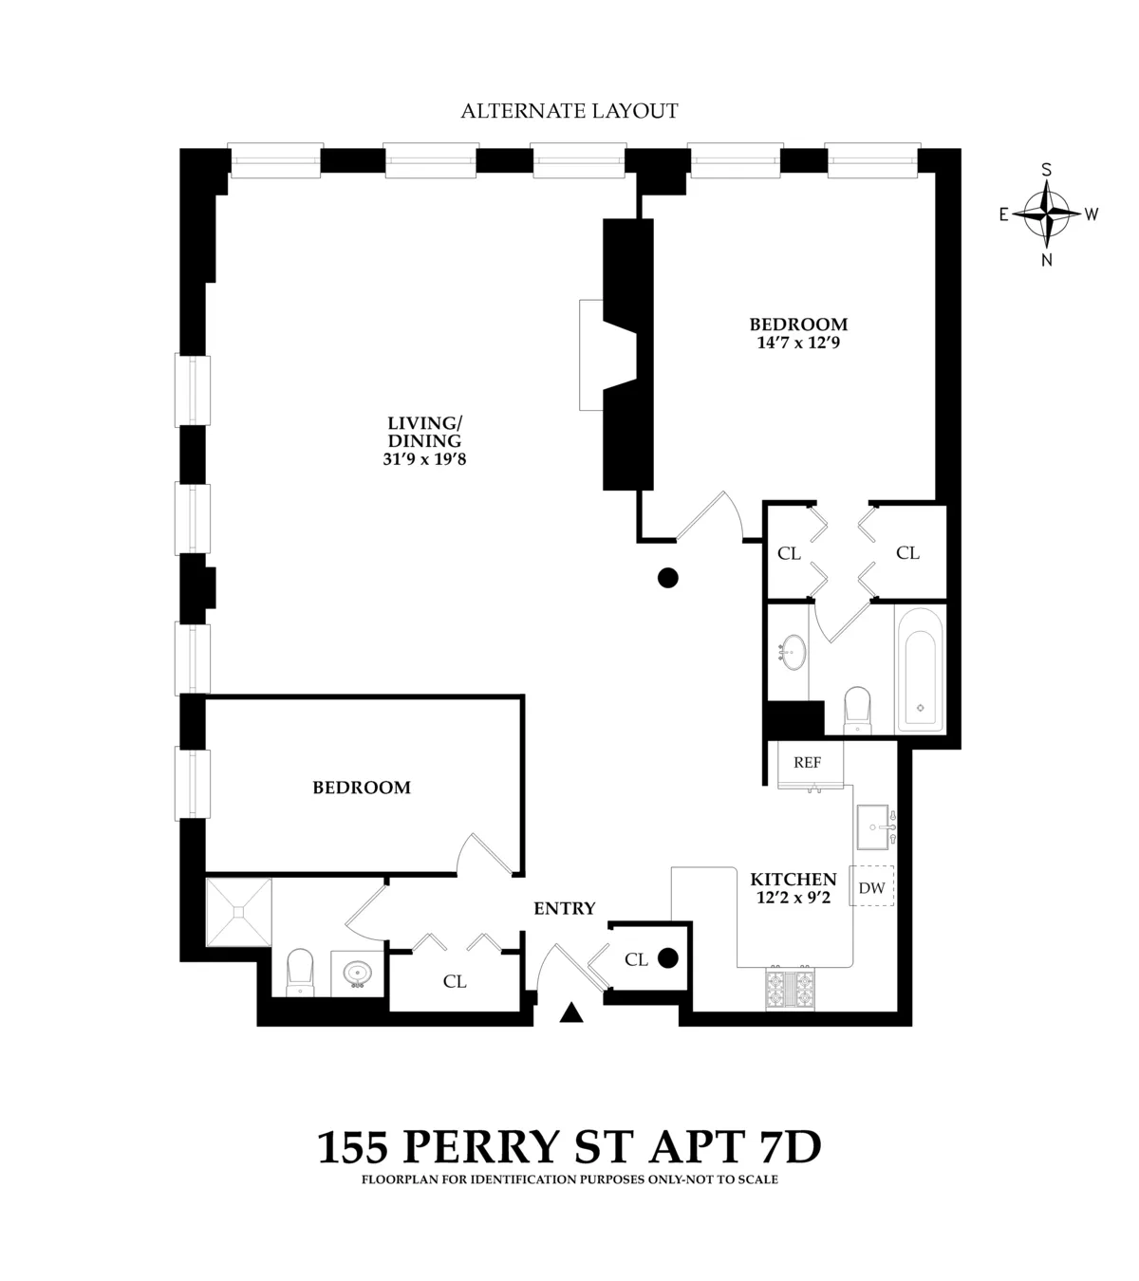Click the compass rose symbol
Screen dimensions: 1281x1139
click(x=1047, y=213)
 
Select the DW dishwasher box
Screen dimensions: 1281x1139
click(x=871, y=888)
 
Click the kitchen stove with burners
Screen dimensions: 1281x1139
click(x=790, y=989)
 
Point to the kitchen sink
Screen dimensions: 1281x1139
click(x=874, y=826)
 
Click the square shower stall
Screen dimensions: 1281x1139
click(x=239, y=912)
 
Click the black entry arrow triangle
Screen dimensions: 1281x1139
click(x=570, y=1013)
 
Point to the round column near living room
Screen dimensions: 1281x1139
click(x=668, y=577)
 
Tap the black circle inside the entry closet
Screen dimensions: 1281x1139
click(x=668, y=958)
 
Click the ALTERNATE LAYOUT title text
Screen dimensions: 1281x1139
click(x=569, y=111)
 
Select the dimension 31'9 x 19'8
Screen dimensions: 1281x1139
click(x=423, y=459)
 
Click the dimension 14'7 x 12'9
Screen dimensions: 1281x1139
click(x=798, y=343)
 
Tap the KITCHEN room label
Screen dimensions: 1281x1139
click(x=794, y=880)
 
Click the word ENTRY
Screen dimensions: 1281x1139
click(x=565, y=908)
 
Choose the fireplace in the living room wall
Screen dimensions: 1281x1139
click(x=607, y=354)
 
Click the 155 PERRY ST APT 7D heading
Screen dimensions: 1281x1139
click(x=569, y=1147)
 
